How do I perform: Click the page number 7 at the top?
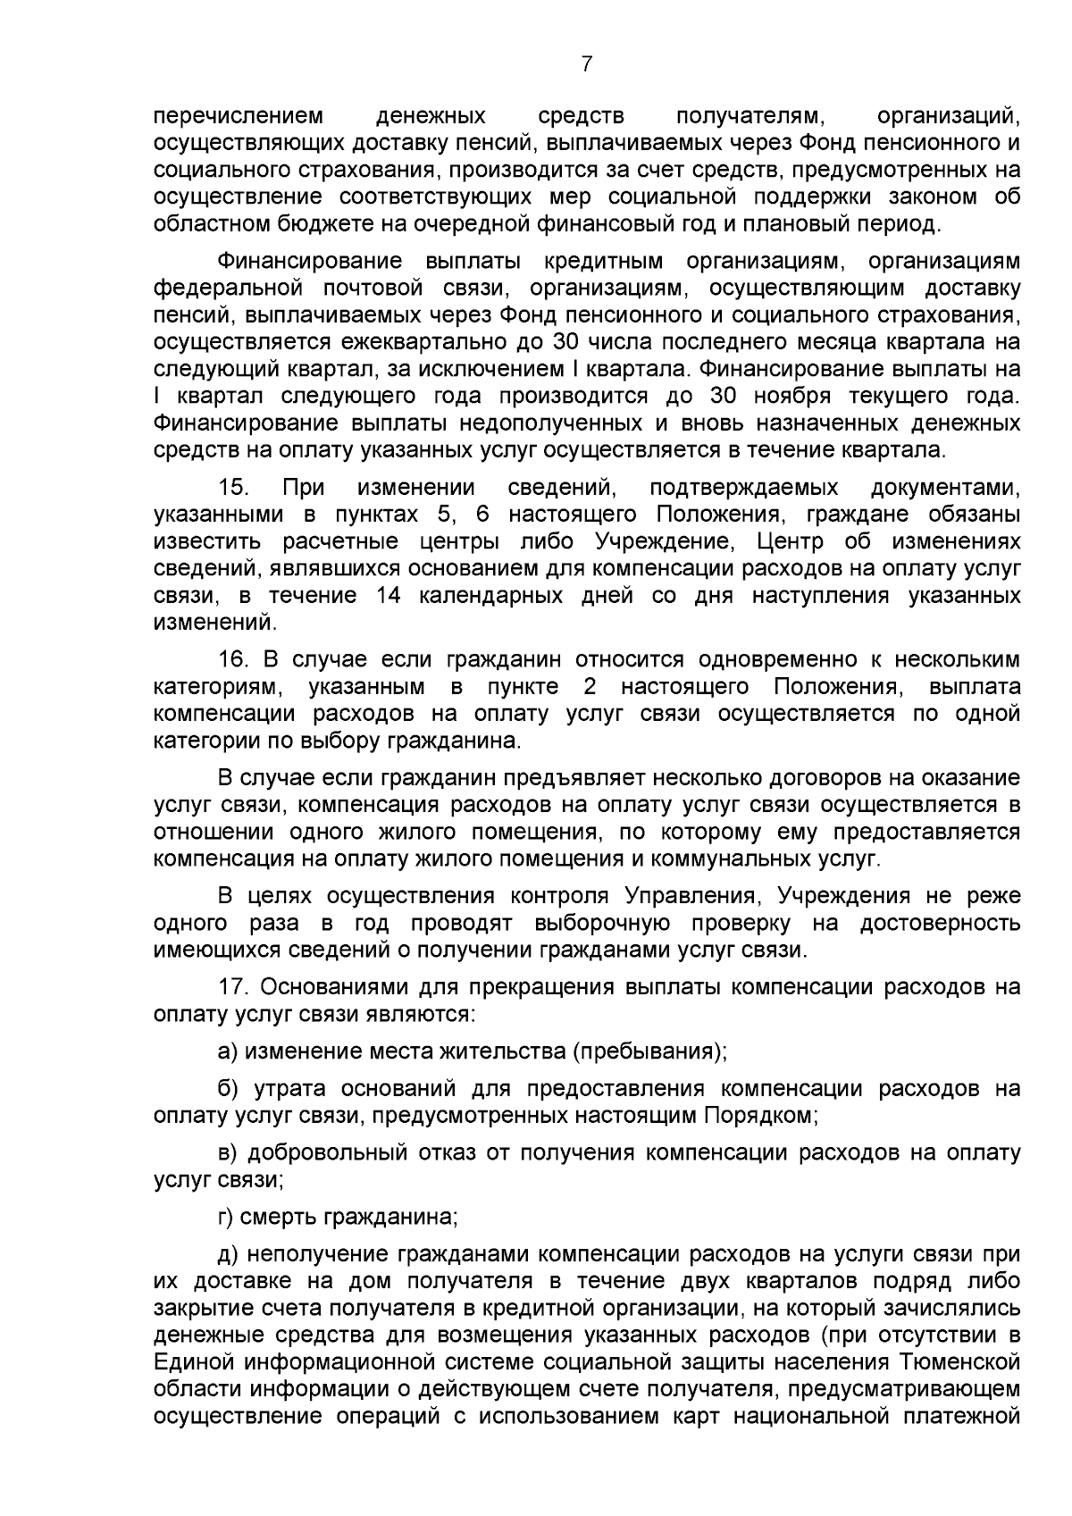tap(586, 63)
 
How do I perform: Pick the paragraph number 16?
tap(234, 660)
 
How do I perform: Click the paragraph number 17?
tap(234, 987)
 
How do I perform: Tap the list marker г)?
tap(226, 1217)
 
